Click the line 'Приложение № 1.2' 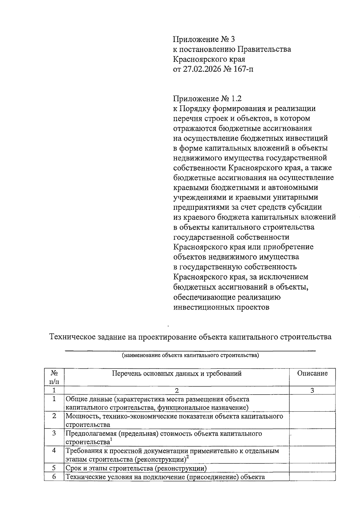click(207, 99)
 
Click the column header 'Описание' click(312, 373)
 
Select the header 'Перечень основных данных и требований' click(177, 373)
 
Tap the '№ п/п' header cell click(54, 377)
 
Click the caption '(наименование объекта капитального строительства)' click(190, 356)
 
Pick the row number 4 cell click(54, 451)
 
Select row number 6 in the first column click(54, 476)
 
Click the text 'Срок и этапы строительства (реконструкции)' click(136, 468)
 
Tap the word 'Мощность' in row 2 click(79, 416)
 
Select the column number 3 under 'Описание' click(312, 390)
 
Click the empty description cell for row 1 click(312, 403)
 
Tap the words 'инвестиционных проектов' click(221, 307)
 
